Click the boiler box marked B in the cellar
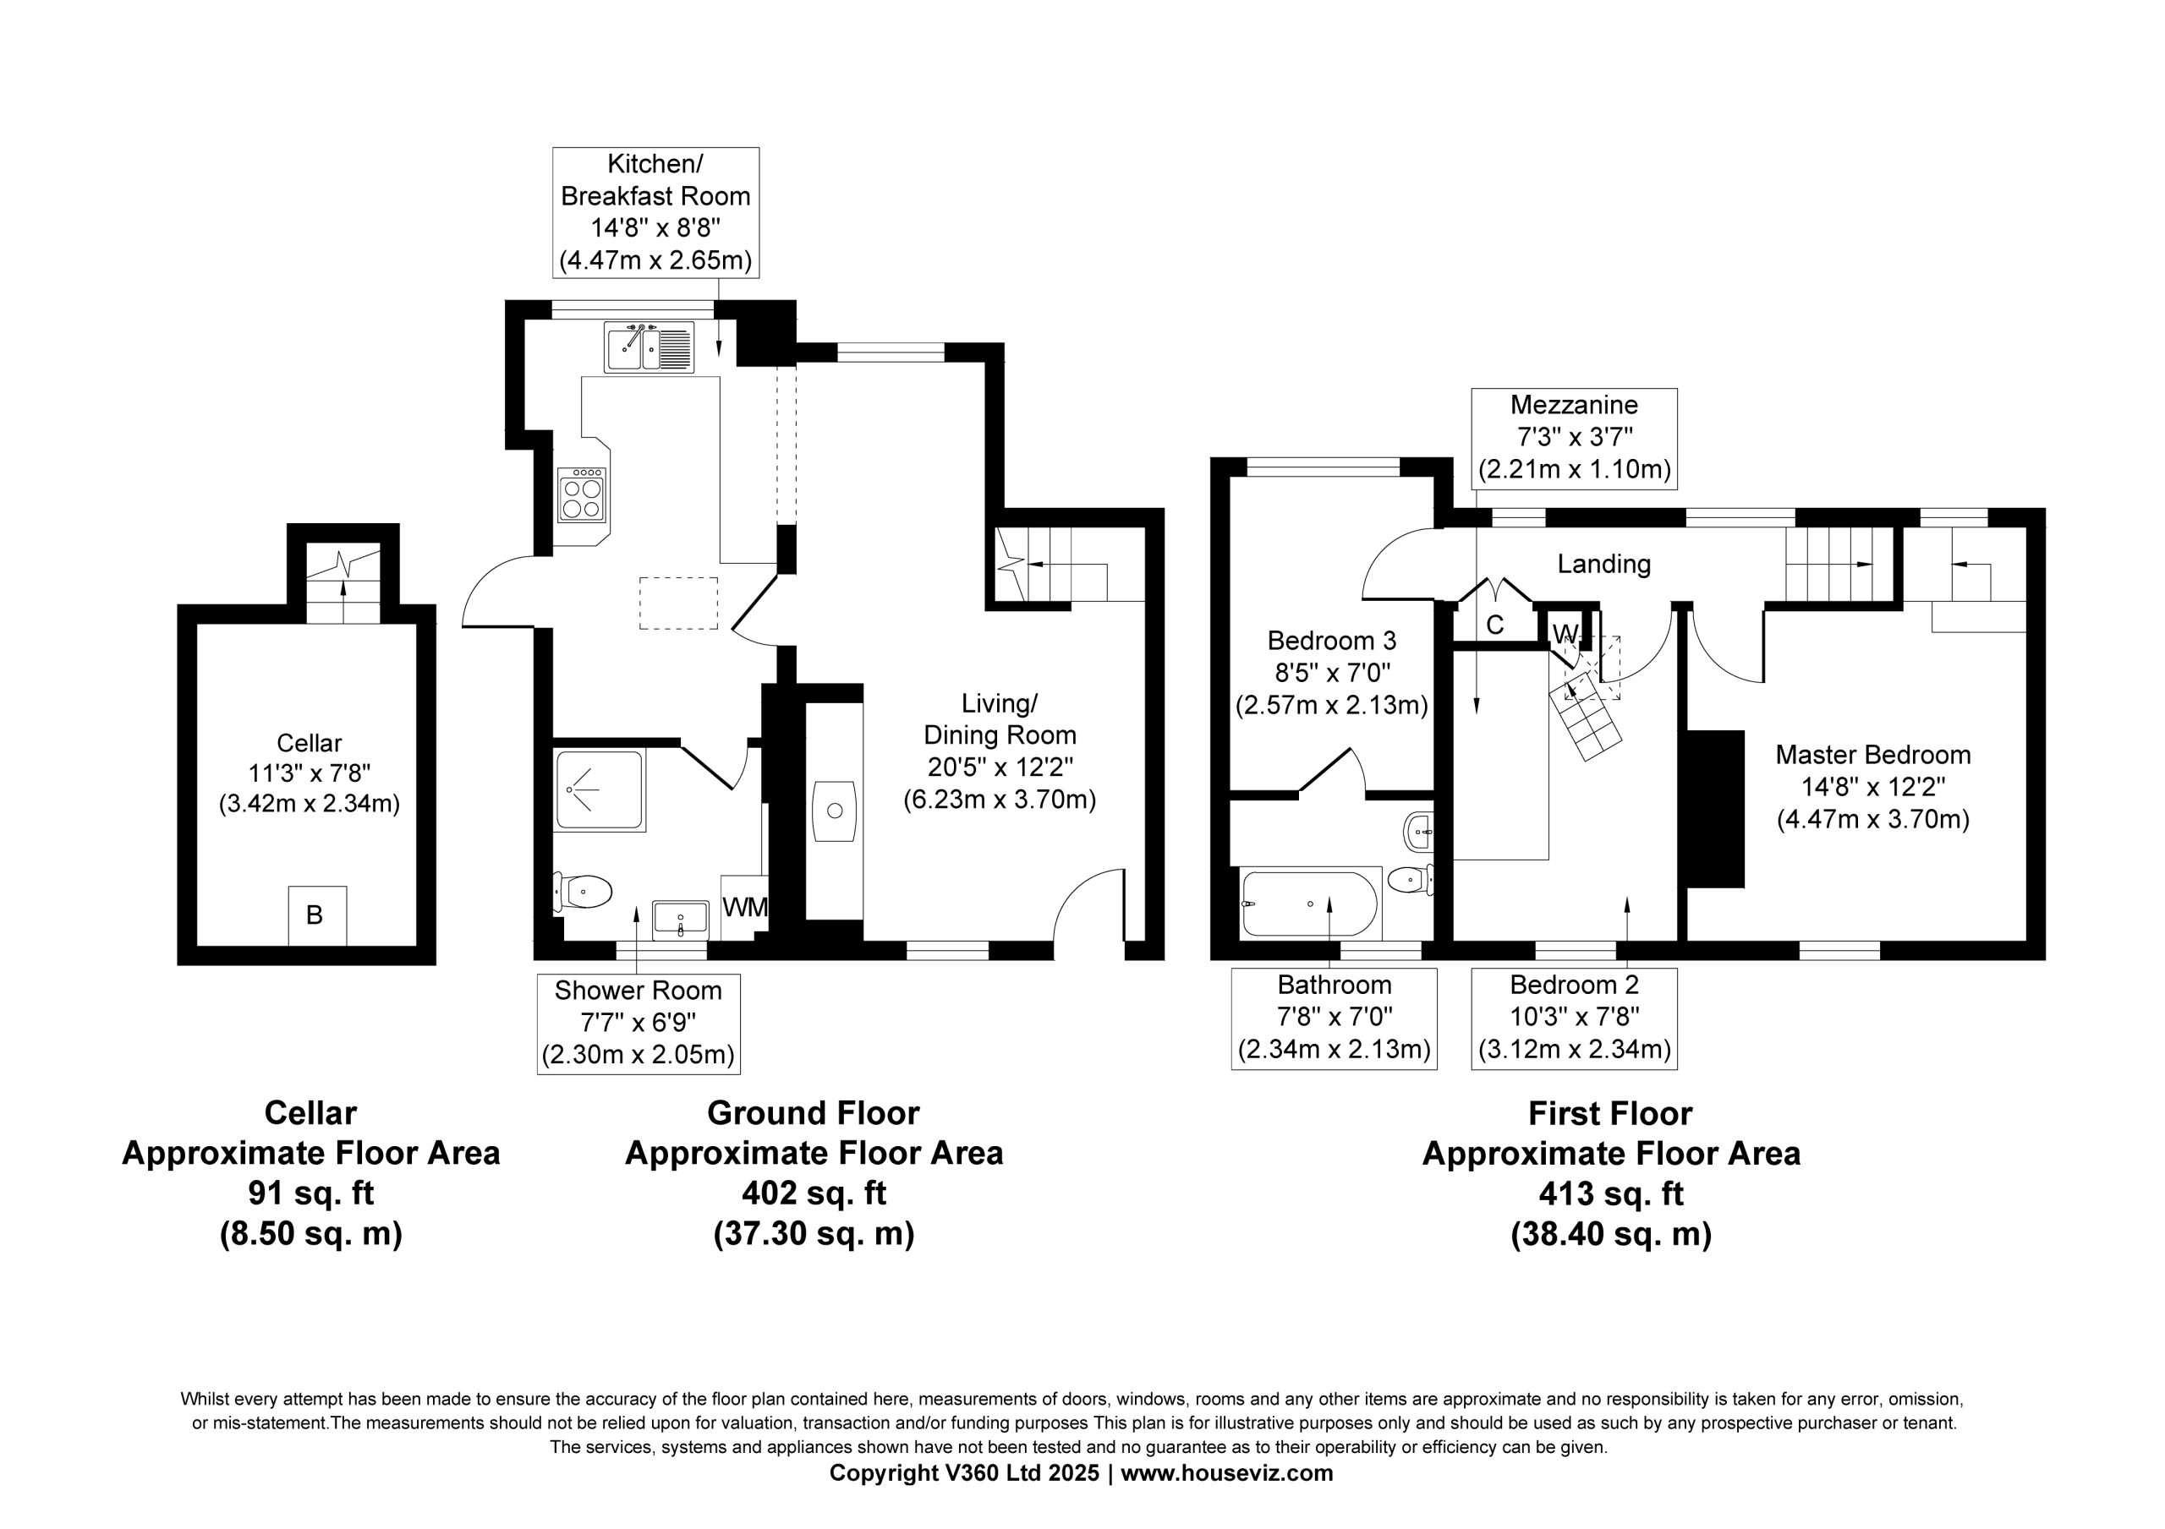coord(317,915)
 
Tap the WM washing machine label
coord(745,907)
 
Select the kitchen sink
coord(649,347)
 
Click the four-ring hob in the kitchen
coord(581,494)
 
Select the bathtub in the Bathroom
coord(1310,903)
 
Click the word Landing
coord(1604,564)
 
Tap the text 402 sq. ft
coord(814,1193)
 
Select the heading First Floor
coord(1609,1113)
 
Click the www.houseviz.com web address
coord(1227,1473)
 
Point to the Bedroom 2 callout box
coord(1574,1019)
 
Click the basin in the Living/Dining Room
coord(835,810)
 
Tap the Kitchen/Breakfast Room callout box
coord(655,212)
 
